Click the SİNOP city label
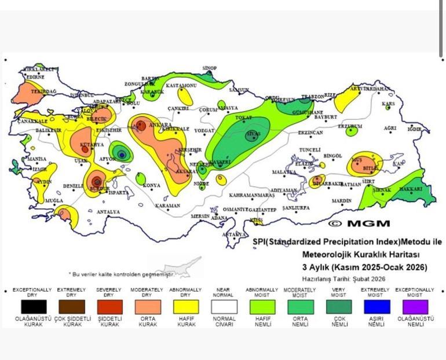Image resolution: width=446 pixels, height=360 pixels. (x=209, y=68)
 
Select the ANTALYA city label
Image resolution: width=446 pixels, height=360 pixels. (x=108, y=212)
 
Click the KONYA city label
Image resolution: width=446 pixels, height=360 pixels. (x=152, y=185)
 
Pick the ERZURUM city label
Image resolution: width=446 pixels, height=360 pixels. (x=349, y=126)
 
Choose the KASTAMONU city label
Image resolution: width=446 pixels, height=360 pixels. (x=181, y=86)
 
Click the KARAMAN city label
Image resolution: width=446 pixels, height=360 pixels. (x=168, y=205)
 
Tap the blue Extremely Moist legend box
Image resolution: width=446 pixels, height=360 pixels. (x=376, y=306)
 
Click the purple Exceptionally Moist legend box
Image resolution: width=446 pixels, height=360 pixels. (x=414, y=306)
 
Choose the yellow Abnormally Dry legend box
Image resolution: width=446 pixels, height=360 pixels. (x=185, y=306)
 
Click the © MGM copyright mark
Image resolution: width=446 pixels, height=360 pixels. (x=359, y=223)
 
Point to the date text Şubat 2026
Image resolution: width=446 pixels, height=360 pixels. (x=370, y=278)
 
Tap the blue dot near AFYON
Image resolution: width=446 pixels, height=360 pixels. (x=122, y=154)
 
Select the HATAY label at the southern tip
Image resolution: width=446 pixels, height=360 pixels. (x=235, y=234)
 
